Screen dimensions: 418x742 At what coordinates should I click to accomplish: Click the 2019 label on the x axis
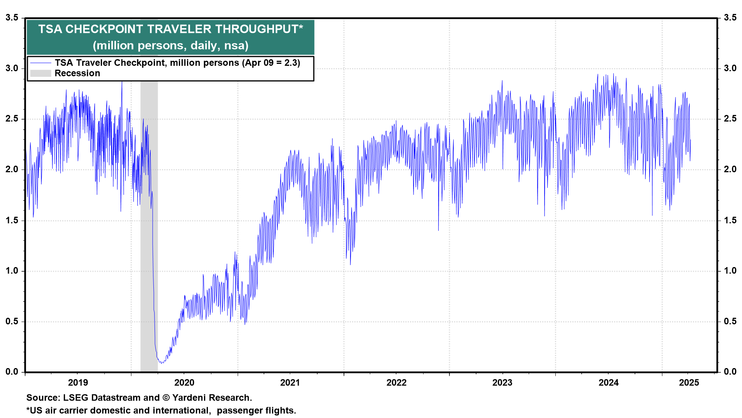coord(78,383)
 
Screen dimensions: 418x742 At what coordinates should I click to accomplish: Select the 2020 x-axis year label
coord(184,383)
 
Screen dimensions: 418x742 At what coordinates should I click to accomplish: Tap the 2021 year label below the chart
coord(290,383)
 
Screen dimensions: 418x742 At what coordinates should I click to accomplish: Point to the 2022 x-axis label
coord(396,383)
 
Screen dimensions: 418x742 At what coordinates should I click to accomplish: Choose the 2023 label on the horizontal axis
coord(502,383)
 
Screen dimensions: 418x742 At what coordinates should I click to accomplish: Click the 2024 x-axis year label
coord(608,383)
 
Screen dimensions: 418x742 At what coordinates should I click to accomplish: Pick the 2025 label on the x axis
coord(689,383)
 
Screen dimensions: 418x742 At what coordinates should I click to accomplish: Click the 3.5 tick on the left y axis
coord(12,18)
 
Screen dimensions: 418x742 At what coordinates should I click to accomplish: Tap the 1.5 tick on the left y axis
coord(12,220)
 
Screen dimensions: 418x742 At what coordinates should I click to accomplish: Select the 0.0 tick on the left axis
coord(12,372)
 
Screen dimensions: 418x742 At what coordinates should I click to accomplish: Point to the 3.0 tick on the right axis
coord(730,69)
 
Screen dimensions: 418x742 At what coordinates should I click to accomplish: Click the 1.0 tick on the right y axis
coord(730,271)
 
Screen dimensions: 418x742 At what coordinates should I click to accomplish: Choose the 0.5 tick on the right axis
coord(730,321)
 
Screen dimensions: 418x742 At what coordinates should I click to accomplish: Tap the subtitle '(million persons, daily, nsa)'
coord(170,46)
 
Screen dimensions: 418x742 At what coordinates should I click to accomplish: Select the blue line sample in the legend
coord(41,63)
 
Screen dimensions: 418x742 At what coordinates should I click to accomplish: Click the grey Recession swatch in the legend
coord(41,74)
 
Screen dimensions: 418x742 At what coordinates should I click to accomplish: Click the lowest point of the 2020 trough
coord(162,363)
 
